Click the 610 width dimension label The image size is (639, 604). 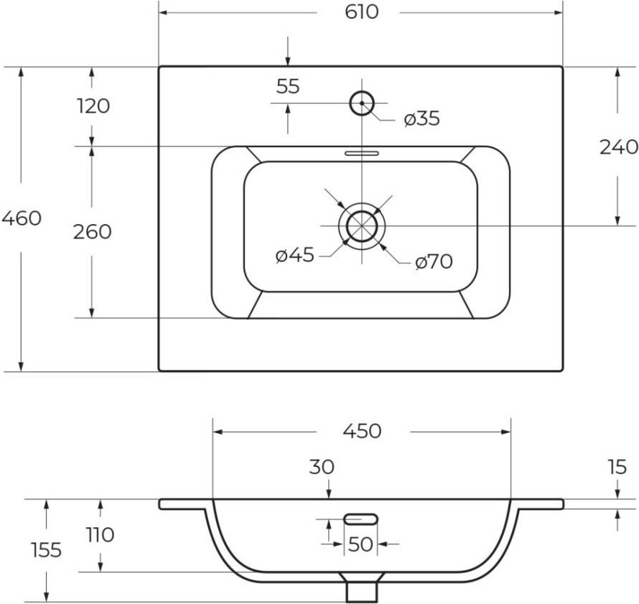point(362,11)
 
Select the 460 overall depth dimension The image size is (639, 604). point(22,218)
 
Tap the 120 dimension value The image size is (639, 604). point(93,106)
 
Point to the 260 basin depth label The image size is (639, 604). point(92,231)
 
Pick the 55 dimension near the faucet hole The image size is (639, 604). point(288,86)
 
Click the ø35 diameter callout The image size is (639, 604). point(421,119)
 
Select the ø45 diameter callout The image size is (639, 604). point(294,256)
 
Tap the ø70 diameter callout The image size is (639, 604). point(434,261)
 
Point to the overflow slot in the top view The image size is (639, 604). point(362,153)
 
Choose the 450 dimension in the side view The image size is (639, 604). point(362,431)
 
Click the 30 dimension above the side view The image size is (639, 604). point(322,467)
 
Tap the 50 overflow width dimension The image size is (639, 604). point(361,544)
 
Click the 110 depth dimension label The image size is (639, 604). point(101,535)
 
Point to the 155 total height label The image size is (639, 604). point(47,550)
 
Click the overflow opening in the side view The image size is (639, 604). point(361,519)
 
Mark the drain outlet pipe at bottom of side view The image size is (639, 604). point(361,592)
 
